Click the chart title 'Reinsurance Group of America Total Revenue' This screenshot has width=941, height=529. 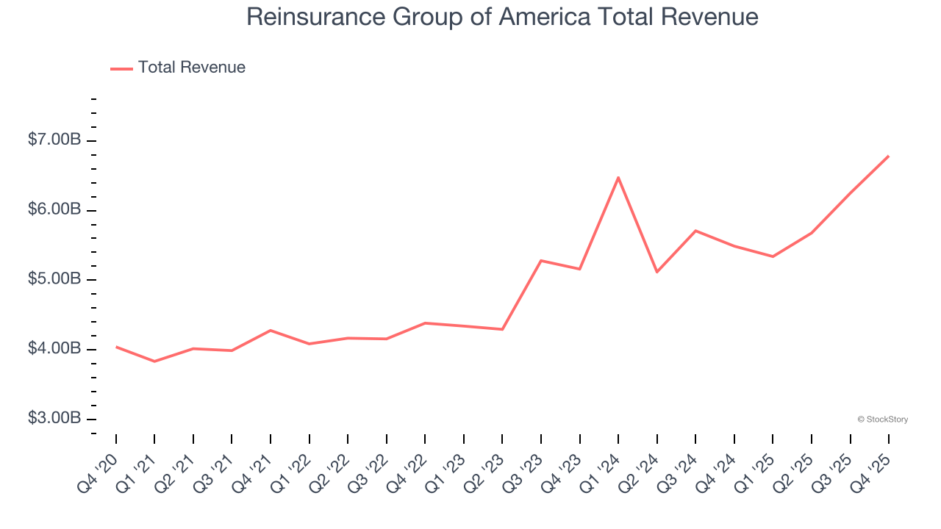point(502,16)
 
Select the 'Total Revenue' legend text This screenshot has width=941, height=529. point(191,68)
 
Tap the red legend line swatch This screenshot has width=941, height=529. point(121,68)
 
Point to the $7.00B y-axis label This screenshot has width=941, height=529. point(54,140)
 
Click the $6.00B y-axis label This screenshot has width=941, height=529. point(54,209)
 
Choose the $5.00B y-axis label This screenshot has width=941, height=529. point(54,279)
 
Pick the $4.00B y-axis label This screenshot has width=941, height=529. point(54,349)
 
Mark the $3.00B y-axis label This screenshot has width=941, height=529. point(54,418)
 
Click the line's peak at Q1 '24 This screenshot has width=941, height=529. point(618,177)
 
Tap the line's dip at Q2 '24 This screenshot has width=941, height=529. point(656,272)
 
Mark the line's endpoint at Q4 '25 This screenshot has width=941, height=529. point(888,156)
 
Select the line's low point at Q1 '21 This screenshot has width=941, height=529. point(154,361)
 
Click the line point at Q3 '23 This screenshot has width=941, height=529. point(541,261)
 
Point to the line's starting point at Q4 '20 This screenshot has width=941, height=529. point(116,347)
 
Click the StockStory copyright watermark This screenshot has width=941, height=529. point(882,420)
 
